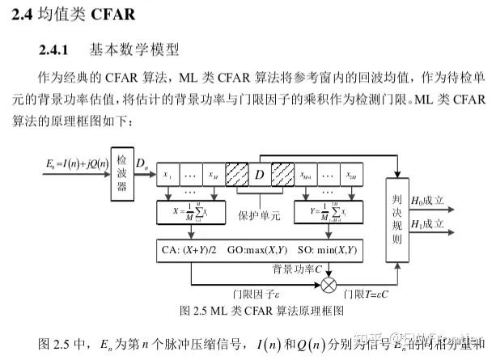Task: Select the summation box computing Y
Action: coord(328,214)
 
